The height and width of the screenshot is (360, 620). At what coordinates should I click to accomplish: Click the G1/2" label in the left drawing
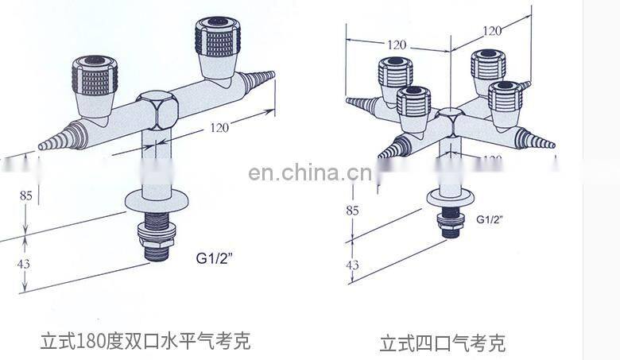pyautogui.click(x=213, y=257)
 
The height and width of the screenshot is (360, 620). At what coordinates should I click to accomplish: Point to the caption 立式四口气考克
pyautogui.click(x=442, y=343)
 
